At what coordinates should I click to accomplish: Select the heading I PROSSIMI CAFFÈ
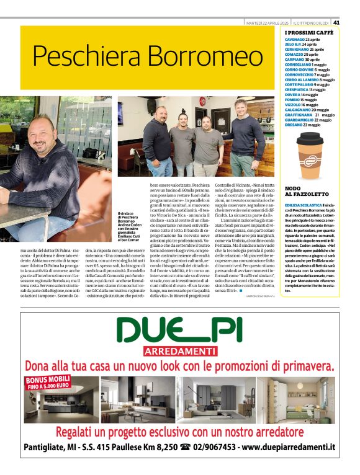(309, 32)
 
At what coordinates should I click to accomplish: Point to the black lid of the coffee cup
(310, 137)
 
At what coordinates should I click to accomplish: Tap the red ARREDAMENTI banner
(179, 352)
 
